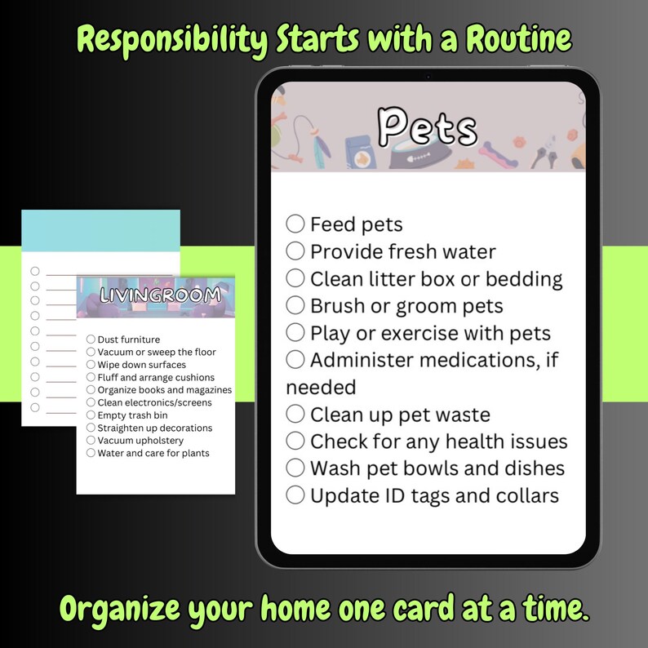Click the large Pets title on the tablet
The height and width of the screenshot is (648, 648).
427,128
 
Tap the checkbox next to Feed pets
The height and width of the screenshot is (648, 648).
295,224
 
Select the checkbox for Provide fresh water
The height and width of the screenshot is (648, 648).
295,251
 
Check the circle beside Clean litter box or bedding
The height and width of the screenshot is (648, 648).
295,278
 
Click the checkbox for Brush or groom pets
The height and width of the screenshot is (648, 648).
295,305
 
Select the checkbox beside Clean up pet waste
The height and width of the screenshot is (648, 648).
295,414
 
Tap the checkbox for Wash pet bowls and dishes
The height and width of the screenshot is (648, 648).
295,468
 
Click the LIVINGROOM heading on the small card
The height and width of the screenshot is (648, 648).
155,295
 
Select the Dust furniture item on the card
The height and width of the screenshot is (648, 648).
128,340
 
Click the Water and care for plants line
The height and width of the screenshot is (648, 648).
153,453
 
